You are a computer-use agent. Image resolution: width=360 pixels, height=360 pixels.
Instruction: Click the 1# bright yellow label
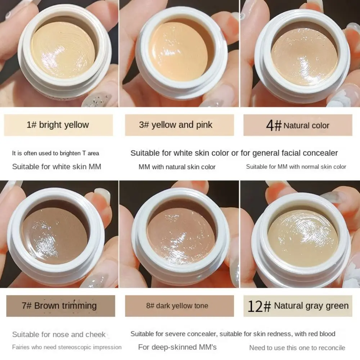coord(58,125)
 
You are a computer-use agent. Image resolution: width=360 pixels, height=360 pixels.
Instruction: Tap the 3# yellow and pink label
coord(179,125)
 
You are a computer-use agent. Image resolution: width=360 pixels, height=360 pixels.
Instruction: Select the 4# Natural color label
coord(297,125)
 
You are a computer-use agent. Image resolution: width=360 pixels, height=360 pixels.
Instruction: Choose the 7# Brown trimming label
coord(60,306)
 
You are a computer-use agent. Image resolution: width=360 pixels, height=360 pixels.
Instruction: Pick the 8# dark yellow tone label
coord(179,306)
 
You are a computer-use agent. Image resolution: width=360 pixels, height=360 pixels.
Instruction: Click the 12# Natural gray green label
coord(298,306)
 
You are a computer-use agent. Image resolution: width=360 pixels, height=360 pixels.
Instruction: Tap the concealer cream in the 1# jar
coord(63,50)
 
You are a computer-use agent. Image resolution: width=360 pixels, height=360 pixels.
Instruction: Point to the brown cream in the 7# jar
coord(54,235)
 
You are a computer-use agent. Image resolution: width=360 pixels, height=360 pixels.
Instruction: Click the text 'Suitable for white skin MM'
coord(57,166)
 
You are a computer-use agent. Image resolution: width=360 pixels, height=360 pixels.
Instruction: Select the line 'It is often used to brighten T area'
coord(55,153)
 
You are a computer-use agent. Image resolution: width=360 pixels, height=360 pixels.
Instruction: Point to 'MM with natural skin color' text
coord(177,167)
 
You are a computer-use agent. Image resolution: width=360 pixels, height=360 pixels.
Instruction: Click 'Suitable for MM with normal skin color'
coord(296,167)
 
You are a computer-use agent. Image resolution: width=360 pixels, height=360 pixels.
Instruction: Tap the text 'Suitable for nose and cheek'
coord(59,334)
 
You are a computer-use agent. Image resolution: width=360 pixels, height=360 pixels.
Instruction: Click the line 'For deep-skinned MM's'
coord(177,347)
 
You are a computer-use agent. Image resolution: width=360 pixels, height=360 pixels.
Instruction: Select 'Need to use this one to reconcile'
coord(297,348)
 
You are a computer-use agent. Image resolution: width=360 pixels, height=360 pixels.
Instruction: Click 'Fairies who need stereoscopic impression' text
coord(67,347)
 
